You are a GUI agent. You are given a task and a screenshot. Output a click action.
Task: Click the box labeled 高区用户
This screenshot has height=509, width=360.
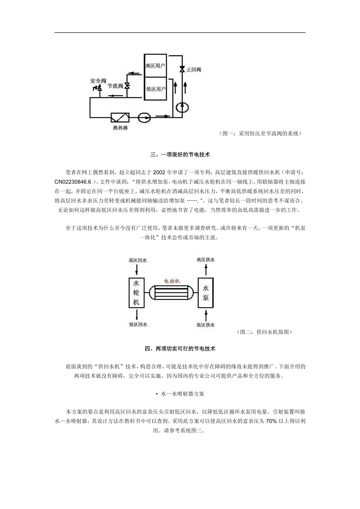click(155, 66)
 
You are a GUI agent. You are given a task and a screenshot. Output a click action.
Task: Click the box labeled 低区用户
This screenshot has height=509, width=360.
click(155, 89)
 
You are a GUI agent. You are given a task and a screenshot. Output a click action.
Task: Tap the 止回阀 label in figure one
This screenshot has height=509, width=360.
click(194, 70)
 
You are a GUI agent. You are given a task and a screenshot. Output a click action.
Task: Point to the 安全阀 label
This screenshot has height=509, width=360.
click(98, 81)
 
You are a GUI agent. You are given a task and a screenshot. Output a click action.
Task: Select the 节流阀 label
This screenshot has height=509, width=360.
click(115, 86)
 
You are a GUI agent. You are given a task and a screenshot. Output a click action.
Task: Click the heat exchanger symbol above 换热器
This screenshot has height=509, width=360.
click(120, 118)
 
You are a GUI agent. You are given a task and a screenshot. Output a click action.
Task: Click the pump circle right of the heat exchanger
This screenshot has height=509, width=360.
click(144, 118)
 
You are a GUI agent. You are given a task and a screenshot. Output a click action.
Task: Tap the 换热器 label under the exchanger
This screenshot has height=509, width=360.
click(120, 128)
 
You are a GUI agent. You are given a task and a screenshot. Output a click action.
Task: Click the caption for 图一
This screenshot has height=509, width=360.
click(261, 133)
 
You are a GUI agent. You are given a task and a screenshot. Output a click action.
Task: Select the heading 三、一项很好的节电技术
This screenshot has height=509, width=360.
click(180, 155)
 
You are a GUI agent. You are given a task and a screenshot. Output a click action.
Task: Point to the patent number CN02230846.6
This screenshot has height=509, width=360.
click(73, 181)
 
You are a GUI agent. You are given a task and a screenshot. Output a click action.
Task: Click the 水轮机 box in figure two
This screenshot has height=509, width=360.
click(136, 292)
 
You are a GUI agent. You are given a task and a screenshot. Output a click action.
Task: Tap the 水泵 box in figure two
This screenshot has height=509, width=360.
click(206, 293)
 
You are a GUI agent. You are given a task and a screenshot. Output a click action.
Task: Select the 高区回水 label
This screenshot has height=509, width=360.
click(137, 261)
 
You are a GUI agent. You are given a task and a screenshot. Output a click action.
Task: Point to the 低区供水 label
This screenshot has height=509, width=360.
click(206, 325)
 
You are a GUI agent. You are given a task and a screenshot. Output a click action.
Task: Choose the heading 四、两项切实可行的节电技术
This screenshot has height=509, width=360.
click(180, 348)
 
